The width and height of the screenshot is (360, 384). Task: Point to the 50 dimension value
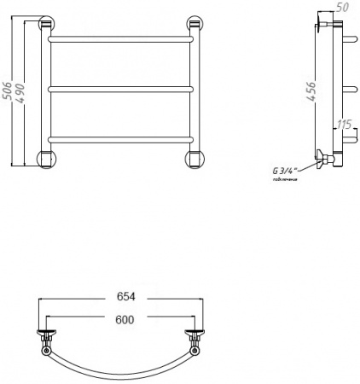[344, 8]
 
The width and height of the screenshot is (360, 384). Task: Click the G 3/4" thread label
[285, 170]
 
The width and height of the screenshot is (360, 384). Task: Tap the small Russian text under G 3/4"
[284, 180]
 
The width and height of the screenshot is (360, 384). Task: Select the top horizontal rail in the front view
[120, 38]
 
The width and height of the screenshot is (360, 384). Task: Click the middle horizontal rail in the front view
[120, 88]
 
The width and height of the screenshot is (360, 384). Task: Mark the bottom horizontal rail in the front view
[120, 138]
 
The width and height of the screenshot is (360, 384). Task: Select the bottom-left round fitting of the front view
[46, 158]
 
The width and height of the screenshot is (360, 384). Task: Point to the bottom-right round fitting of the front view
[195, 158]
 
